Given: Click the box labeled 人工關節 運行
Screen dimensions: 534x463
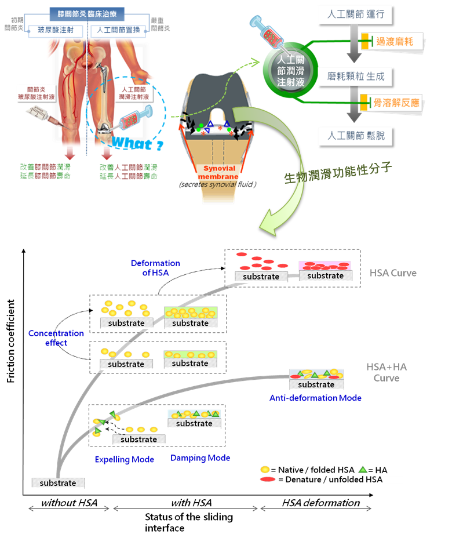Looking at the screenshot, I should pyautogui.click(x=355, y=13).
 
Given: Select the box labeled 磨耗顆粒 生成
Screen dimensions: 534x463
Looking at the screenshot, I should pyautogui.click(x=355, y=75).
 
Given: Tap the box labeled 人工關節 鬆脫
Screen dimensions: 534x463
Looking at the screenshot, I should pyautogui.click(x=355, y=136).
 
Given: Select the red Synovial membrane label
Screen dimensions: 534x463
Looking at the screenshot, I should pyautogui.click(x=216, y=172).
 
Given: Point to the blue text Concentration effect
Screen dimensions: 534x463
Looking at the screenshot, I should pyautogui.click(x=56, y=338).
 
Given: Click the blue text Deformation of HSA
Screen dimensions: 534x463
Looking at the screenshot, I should pyautogui.click(x=155, y=268).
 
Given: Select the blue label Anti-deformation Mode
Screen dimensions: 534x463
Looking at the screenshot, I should pyautogui.click(x=316, y=398).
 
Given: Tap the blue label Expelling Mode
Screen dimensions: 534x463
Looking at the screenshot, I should pyautogui.click(x=124, y=459).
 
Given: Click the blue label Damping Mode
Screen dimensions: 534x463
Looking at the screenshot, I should pyautogui.click(x=200, y=458).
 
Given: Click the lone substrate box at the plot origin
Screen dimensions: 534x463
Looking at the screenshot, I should pyautogui.click(x=58, y=482).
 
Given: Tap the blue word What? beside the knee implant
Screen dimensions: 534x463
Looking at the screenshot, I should pyautogui.click(x=133, y=143).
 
